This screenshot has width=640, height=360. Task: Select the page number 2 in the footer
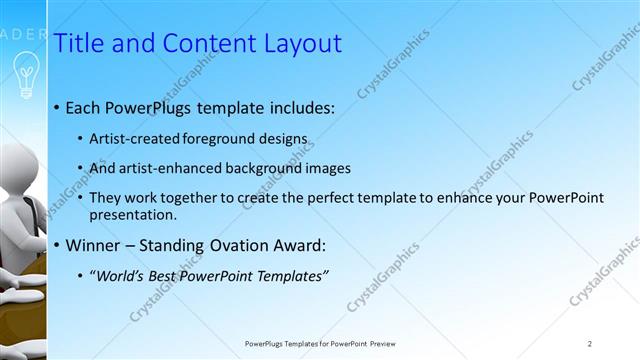coord(590,343)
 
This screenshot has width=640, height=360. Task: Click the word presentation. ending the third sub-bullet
coord(133,214)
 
